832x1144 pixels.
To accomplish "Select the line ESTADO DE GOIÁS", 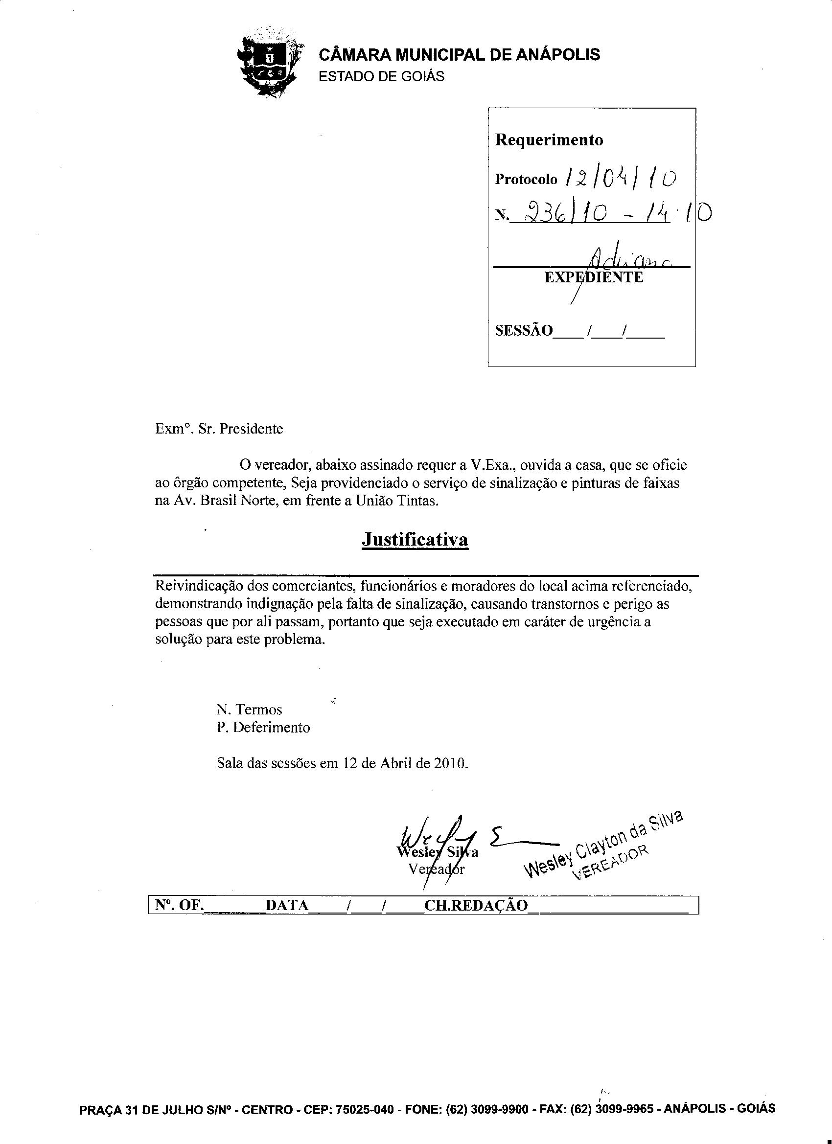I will tap(381, 77).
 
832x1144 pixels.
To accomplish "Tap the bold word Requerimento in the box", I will tap(549, 140).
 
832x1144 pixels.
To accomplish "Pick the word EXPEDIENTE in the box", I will tap(594, 277).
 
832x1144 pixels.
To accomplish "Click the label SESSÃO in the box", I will tap(524, 331).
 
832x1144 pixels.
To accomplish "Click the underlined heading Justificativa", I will tap(415, 540).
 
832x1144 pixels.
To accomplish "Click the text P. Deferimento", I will tap(263, 728).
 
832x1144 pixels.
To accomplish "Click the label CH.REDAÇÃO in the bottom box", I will tap(476, 905).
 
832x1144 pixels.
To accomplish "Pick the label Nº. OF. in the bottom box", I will tap(179, 905).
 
